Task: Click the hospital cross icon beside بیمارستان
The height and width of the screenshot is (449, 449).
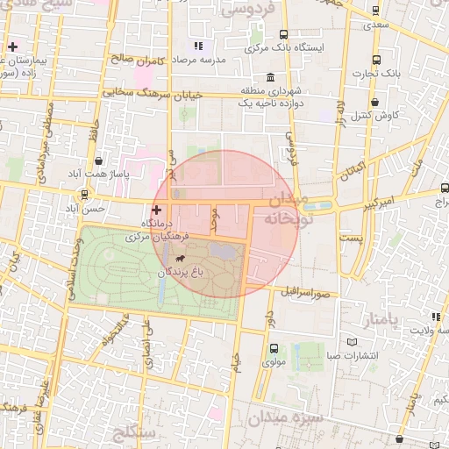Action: (x=12, y=46)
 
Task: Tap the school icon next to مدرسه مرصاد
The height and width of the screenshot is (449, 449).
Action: (x=199, y=45)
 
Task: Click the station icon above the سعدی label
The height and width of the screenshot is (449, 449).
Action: (x=376, y=11)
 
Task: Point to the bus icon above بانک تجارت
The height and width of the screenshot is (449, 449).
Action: (x=376, y=60)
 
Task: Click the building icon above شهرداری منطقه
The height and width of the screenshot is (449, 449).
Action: (x=267, y=77)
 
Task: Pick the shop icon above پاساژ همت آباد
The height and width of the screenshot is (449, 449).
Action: (x=98, y=161)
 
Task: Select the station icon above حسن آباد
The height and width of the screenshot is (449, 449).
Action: (x=84, y=195)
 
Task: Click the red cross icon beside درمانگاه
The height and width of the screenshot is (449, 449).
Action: (x=157, y=210)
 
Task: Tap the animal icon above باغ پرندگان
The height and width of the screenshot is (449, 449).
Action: (x=180, y=259)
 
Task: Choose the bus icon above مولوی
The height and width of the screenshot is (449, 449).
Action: (x=273, y=348)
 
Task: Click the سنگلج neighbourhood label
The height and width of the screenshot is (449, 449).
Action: (x=134, y=432)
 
